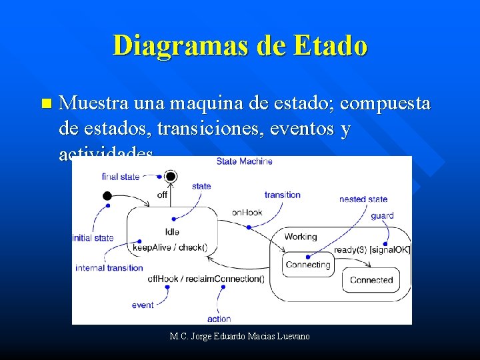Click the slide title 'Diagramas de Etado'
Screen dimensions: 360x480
240,46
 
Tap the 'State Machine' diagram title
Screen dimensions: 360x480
244,161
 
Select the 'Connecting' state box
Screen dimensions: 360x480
307,265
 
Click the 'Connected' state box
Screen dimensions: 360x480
371,280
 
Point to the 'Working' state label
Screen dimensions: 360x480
300,237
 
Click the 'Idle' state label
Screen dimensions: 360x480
172,231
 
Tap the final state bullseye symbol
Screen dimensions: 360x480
171,177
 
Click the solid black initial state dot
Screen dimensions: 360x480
107,196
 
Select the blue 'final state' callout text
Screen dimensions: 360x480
121,177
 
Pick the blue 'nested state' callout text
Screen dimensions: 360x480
363,199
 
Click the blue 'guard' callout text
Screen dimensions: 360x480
382,215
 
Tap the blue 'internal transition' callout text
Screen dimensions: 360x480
109,268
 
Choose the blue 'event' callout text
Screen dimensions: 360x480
143,305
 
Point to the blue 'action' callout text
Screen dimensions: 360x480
219,319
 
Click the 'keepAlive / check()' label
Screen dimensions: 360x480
170,247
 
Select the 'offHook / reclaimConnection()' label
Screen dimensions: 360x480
205,279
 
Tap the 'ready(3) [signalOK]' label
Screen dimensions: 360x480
372,249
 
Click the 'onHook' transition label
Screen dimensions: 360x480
247,213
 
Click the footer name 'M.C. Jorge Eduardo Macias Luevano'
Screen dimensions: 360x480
240,336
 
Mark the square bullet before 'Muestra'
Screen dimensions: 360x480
45,104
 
